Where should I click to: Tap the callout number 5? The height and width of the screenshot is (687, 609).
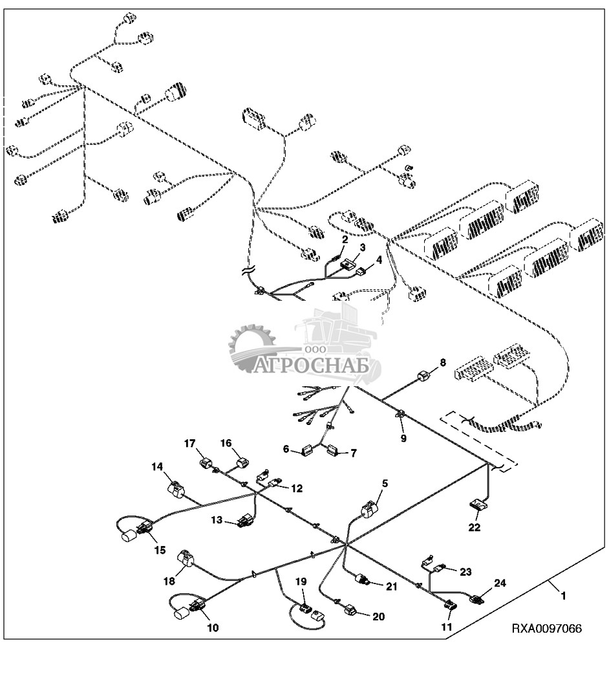(385, 483)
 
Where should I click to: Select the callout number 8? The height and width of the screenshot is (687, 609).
(443, 363)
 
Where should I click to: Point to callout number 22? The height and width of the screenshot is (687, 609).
(475, 528)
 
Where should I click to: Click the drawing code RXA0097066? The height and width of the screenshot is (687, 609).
(546, 628)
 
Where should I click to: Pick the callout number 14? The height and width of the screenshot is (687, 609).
(158, 466)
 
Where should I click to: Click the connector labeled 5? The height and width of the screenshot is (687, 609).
(369, 510)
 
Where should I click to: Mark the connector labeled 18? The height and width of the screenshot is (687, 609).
(185, 558)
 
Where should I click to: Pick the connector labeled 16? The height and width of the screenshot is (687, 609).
(244, 463)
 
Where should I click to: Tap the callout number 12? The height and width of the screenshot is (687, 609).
(297, 488)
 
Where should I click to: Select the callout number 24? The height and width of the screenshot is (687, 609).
(499, 583)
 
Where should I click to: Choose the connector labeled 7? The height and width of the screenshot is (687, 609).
(334, 450)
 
